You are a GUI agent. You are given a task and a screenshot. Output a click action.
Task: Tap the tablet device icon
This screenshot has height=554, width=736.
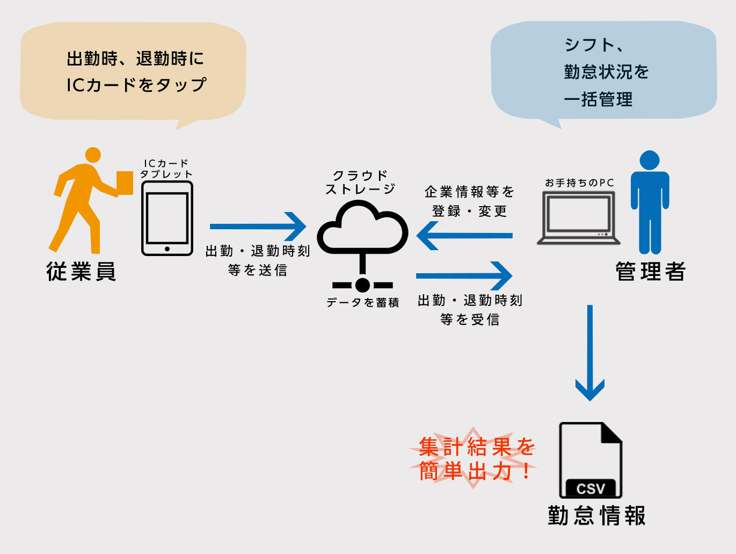click(167, 218)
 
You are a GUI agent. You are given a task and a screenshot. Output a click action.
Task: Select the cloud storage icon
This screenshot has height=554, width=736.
click(362, 228)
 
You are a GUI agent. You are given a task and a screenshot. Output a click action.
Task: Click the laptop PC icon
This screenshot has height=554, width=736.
click(579, 218)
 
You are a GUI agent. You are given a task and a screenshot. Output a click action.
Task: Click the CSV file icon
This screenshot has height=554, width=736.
click(591, 461)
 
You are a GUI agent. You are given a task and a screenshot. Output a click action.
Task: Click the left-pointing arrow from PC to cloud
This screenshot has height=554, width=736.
click(465, 235)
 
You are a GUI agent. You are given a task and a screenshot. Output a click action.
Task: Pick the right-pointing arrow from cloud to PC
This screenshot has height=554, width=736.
click(465, 276)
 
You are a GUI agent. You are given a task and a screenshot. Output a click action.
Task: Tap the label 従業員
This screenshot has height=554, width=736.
click(81, 272)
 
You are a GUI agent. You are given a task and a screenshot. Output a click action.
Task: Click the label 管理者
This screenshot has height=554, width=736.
click(650, 272)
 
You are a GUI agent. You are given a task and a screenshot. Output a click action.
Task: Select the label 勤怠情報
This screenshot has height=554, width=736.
click(596, 515)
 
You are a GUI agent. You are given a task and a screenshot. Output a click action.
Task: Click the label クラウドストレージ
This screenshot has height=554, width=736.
click(360, 183)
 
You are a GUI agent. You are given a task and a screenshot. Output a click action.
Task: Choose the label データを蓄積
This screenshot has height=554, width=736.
click(363, 303)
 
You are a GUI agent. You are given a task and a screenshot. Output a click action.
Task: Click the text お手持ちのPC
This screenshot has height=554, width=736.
click(579, 183)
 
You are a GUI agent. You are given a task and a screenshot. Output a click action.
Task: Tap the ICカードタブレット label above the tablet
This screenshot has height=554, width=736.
click(166, 169)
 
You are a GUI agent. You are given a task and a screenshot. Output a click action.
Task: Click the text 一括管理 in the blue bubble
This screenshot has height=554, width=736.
click(598, 99)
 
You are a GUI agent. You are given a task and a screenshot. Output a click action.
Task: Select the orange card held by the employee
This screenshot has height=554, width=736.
click(125, 183)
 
